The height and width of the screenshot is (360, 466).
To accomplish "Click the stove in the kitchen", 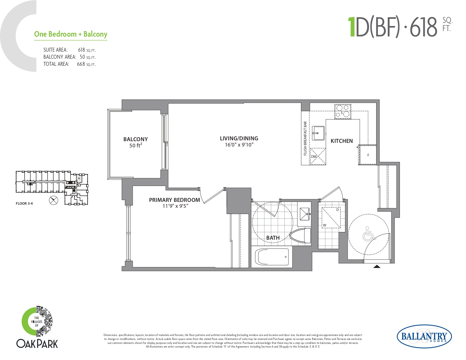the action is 343,111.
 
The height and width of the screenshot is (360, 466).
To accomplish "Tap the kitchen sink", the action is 318,133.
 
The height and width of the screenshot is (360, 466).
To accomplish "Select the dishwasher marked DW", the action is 318,156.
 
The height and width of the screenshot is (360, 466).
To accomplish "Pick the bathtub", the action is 272,257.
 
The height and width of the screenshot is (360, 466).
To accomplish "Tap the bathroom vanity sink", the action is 304,214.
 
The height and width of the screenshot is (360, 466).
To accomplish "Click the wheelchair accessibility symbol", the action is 369,234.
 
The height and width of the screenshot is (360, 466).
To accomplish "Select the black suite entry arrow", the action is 377,267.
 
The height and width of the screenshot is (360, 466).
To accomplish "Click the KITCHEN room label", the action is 342,141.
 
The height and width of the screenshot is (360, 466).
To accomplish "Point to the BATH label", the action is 273,238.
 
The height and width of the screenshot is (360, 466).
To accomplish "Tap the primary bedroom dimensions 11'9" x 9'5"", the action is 175,206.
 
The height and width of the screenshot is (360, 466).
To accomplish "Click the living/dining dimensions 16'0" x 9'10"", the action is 239,145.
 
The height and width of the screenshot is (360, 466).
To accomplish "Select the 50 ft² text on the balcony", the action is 136,145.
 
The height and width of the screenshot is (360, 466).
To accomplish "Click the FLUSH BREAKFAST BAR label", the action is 305,138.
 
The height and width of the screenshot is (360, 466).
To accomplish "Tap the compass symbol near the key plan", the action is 53,200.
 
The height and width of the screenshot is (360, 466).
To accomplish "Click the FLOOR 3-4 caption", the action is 24,204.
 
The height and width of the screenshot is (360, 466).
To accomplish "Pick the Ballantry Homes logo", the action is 424,336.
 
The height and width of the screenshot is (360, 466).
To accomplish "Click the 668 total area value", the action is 81,64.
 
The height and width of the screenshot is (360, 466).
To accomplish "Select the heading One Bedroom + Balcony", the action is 71,34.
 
